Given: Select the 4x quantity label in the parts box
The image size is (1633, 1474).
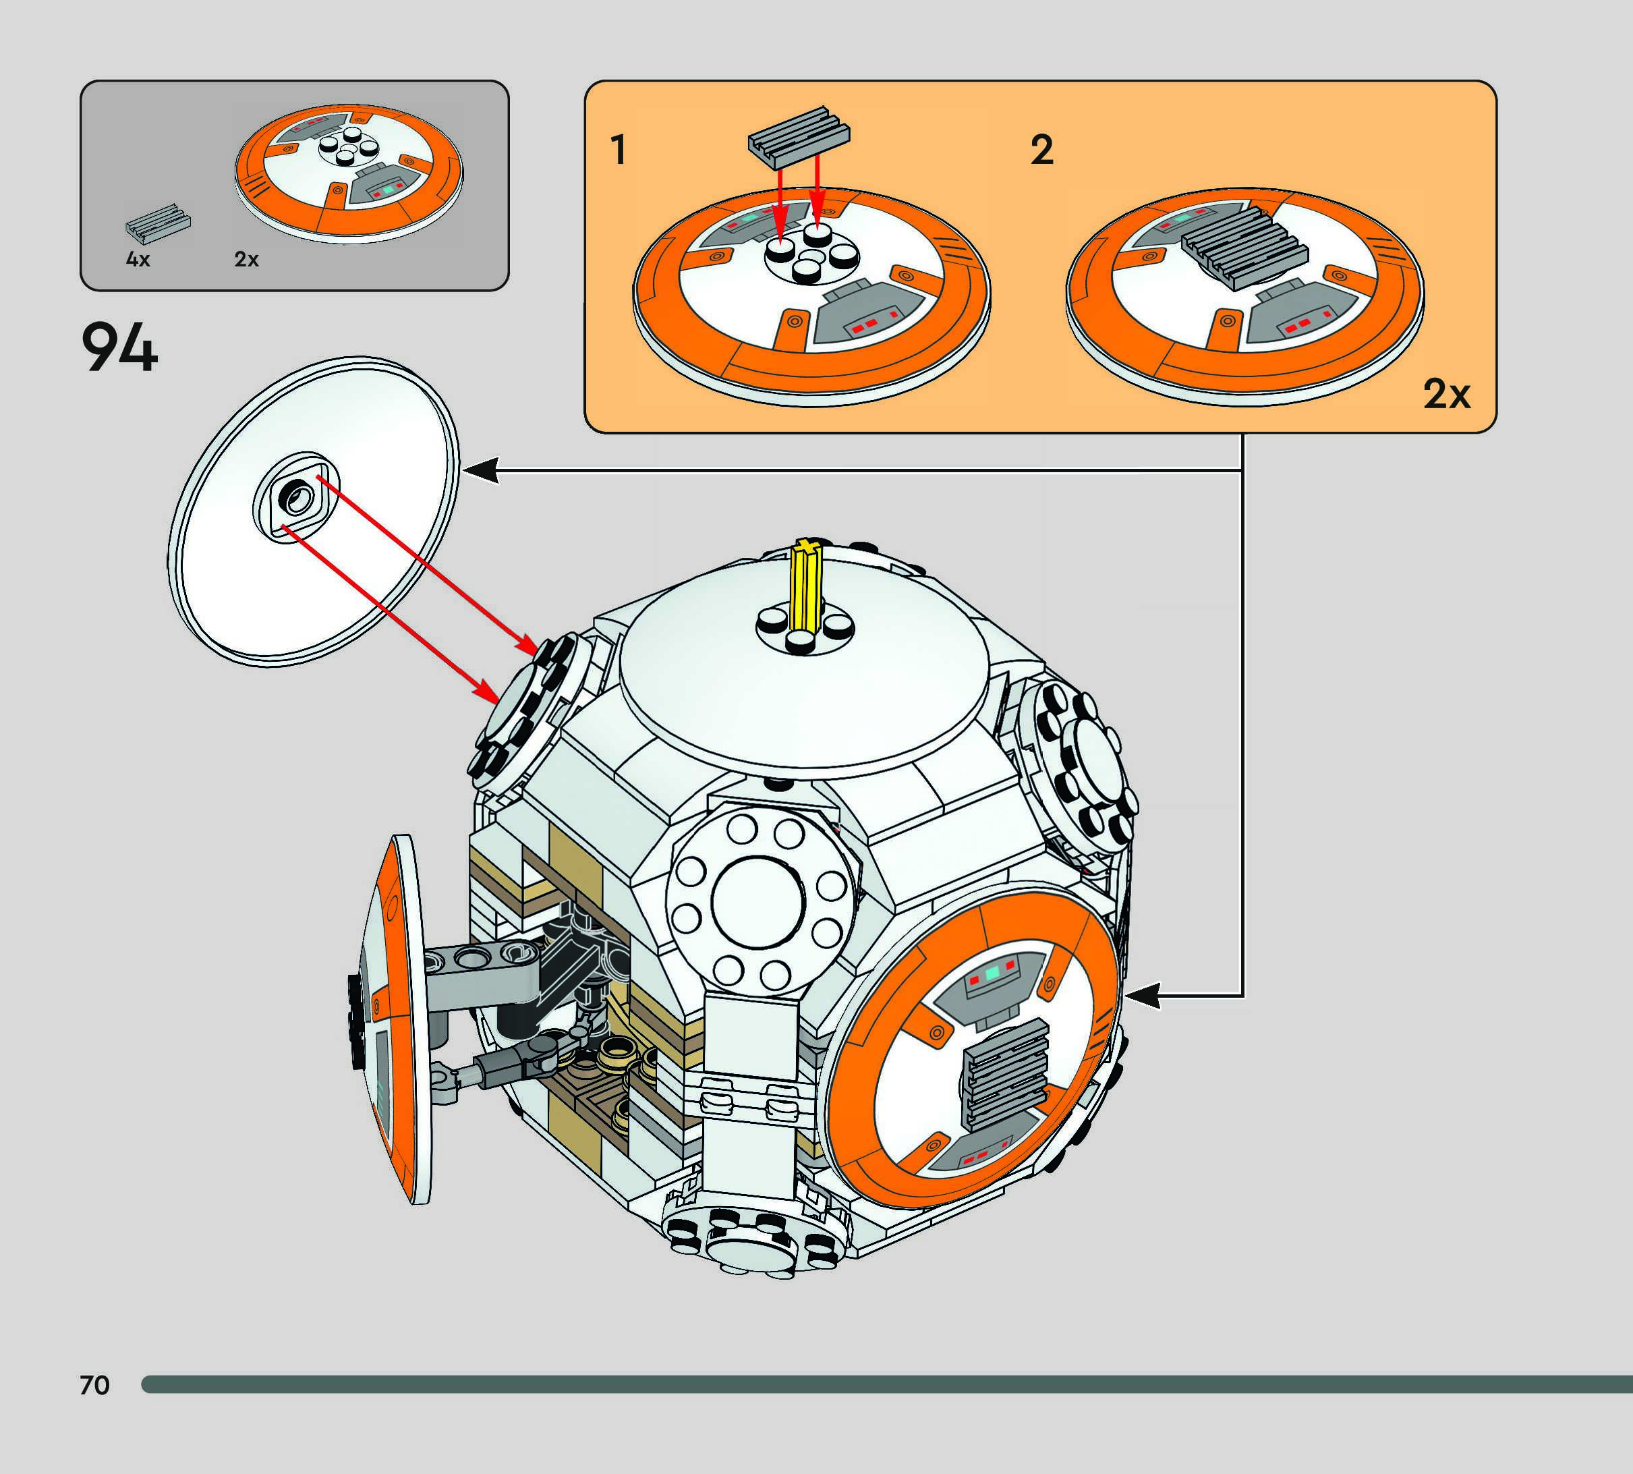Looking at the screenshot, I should point(138,260).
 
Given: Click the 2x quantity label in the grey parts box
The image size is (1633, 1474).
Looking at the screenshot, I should point(246,260).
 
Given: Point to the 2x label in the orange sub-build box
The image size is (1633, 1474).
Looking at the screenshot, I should point(1446,395).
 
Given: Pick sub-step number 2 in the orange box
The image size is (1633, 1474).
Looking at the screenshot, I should point(1041,150).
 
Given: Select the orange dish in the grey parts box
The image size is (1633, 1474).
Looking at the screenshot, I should point(348,172).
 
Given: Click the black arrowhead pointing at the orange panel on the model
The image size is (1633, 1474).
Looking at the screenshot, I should point(1141,996).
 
